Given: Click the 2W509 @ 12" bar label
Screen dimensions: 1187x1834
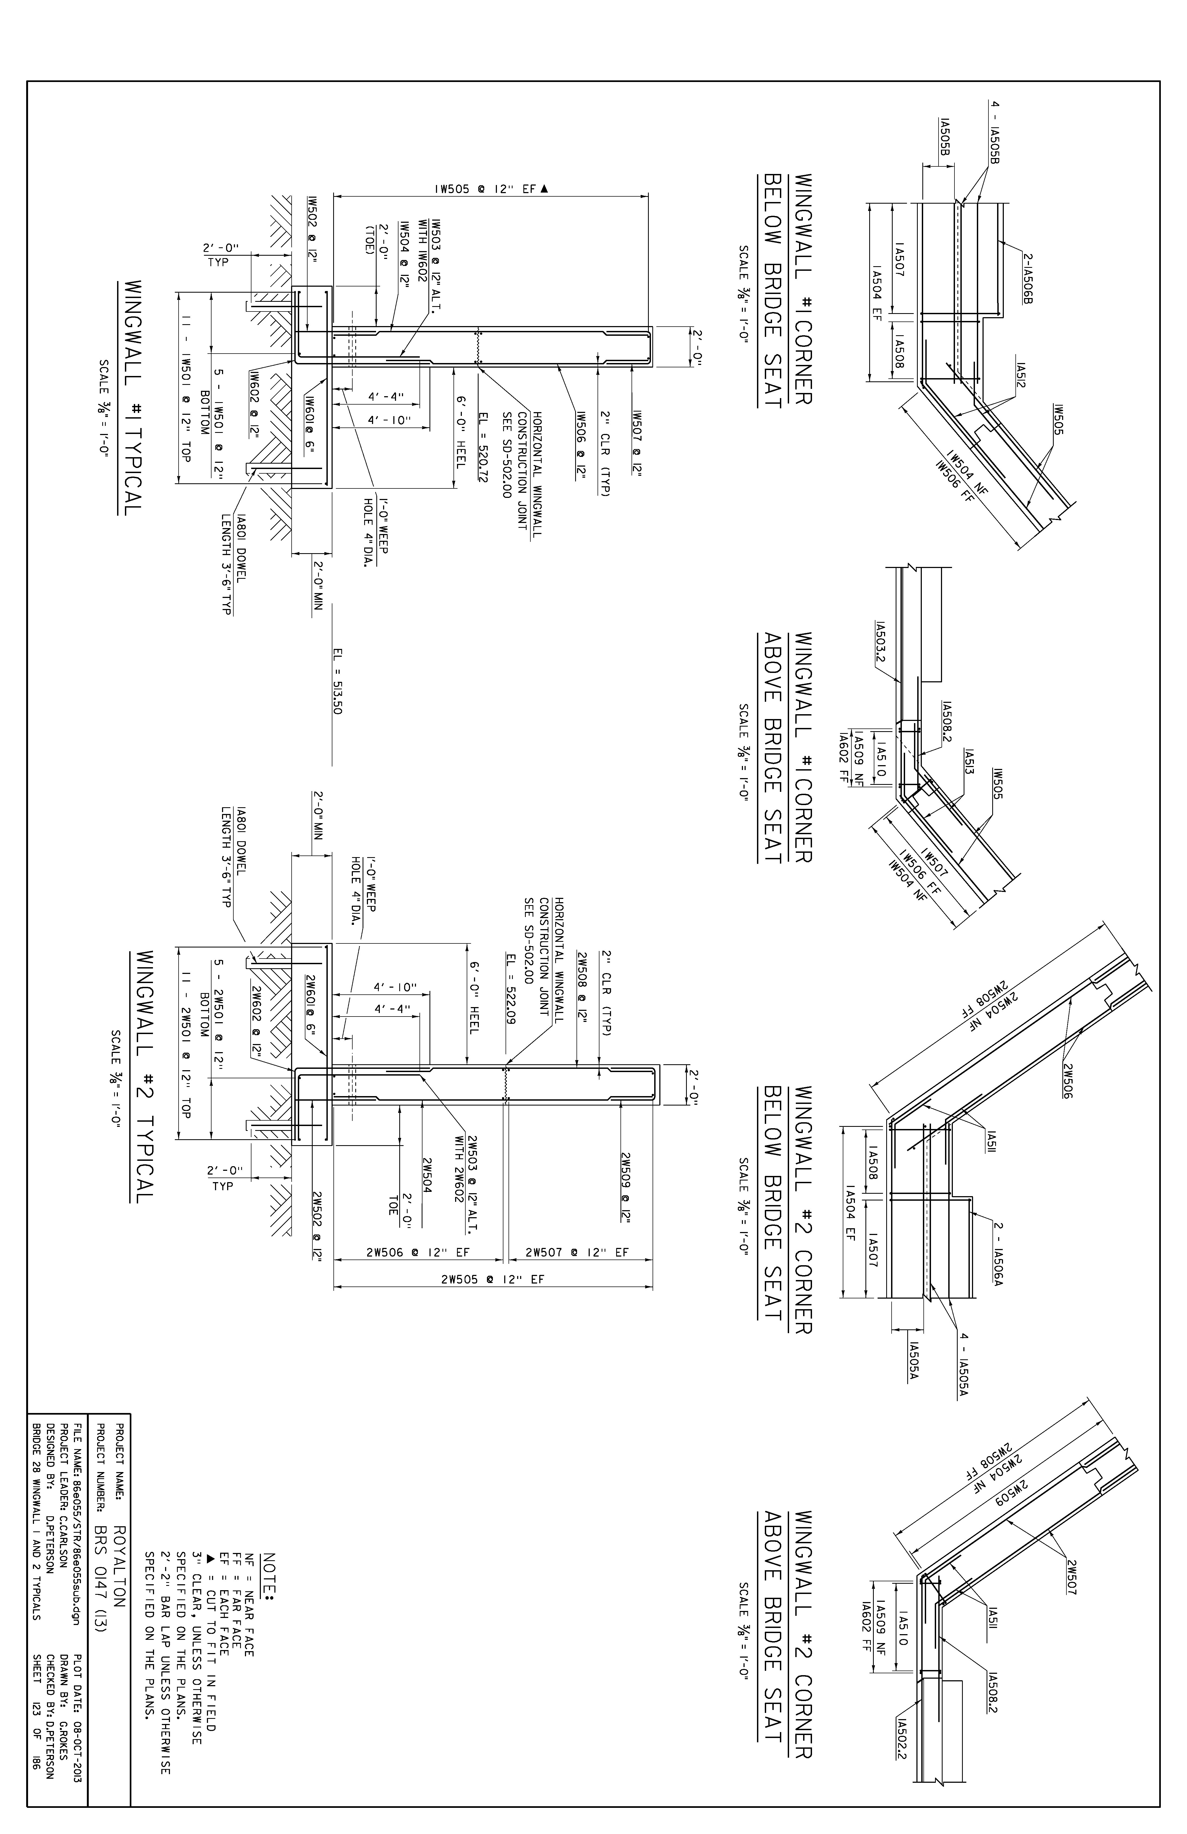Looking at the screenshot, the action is (626, 1188).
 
